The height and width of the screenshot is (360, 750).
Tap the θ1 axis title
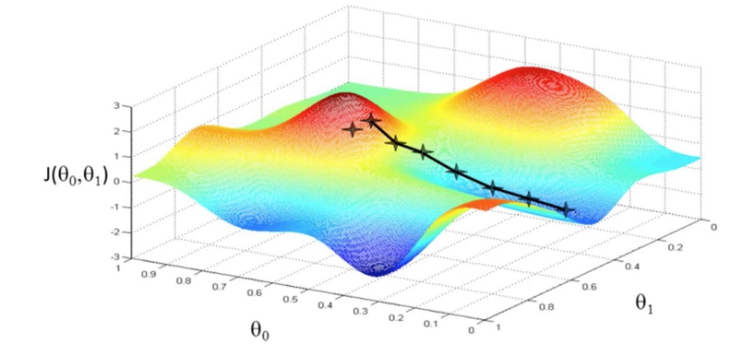coord(646,303)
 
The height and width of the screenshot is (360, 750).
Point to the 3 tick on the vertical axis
coord(116,106)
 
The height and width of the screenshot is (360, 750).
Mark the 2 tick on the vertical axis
coord(116,130)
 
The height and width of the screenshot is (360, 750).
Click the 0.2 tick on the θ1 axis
coord(674,247)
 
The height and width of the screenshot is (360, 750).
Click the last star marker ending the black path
coord(566,209)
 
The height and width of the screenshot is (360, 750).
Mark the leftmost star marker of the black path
coord(351,129)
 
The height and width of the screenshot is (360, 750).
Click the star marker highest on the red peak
coord(372,120)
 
